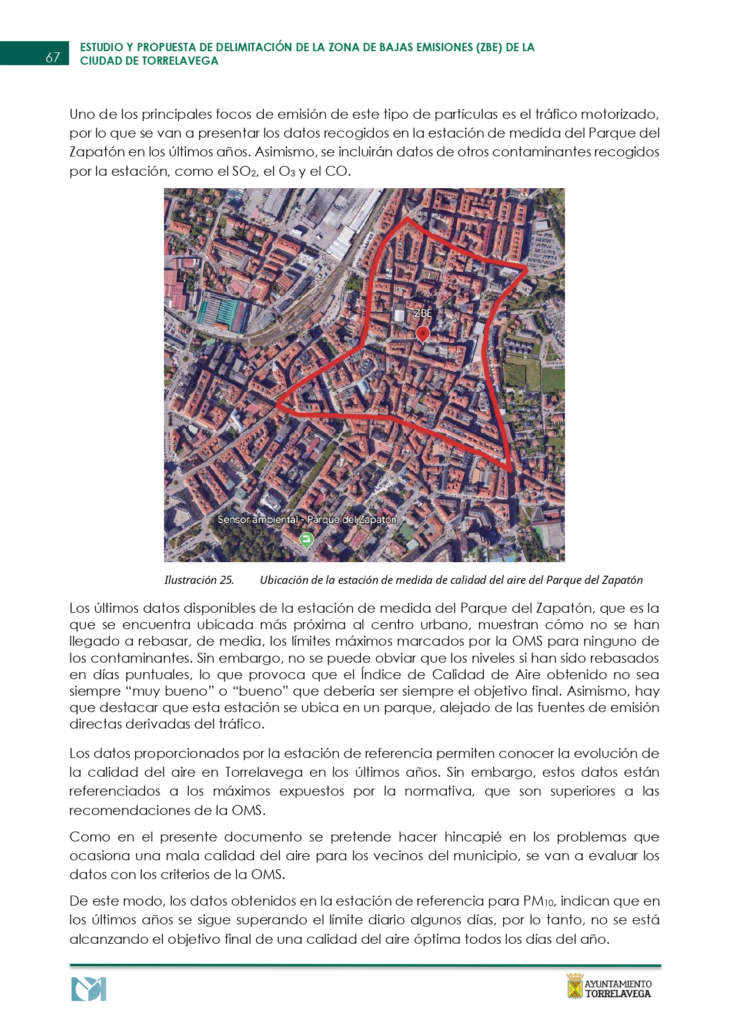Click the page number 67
pos(53,57)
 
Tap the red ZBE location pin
pos(422,335)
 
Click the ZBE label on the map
pos(423,313)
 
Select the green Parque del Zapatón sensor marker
pos(306,540)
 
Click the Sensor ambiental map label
pos(258,520)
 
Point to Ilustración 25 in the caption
pos(199,580)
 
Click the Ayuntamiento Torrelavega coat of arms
pos(574,986)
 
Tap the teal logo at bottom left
pos(89,989)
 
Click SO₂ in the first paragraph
pos(245,172)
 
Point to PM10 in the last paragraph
pos(539,901)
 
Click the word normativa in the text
pos(439,791)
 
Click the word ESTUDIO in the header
pos(101,48)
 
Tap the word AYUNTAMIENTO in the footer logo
pos(618,984)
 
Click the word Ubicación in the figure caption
pos(284,580)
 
